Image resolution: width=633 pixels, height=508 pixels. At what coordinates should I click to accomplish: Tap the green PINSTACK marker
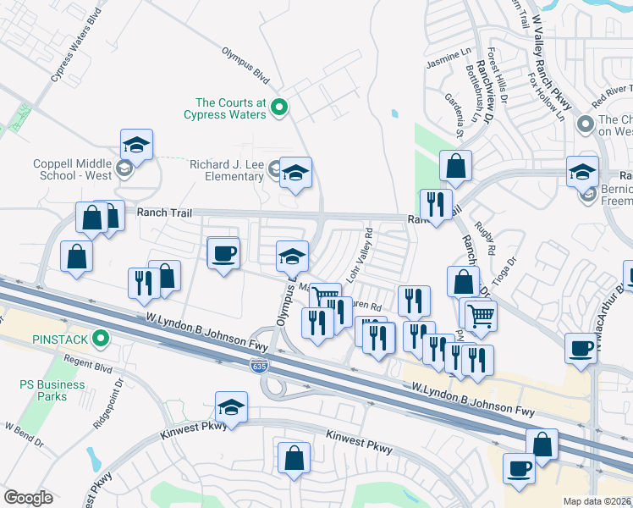click(x=102, y=340)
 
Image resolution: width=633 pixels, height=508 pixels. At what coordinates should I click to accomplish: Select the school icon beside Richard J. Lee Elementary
click(x=294, y=174)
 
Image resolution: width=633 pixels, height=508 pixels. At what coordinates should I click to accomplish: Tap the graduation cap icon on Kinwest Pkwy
click(x=231, y=407)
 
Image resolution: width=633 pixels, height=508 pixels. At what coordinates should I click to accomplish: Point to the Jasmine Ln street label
click(x=449, y=58)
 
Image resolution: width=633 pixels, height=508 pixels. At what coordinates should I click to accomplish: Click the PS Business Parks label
click(x=52, y=390)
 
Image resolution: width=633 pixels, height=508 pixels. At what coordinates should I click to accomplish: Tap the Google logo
click(x=28, y=497)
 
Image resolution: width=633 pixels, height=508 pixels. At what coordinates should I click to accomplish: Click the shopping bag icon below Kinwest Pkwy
click(x=293, y=457)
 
